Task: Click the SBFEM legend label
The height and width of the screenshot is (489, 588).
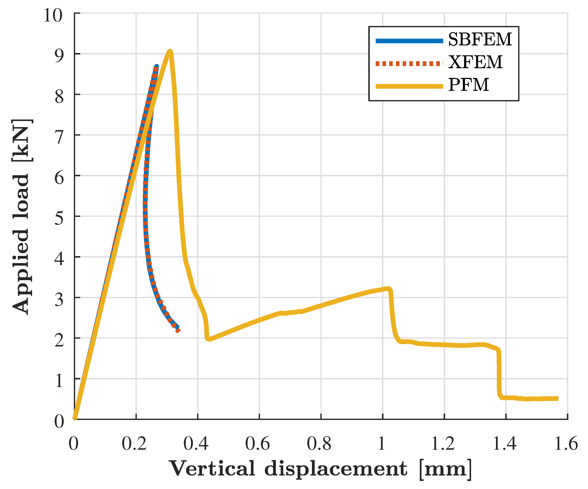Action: point(480,39)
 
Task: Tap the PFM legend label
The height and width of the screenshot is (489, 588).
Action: point(469,85)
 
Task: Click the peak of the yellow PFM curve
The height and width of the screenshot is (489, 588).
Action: point(170,51)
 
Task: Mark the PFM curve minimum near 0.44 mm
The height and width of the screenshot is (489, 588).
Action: point(209,339)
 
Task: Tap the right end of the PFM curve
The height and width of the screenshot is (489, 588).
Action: point(557,398)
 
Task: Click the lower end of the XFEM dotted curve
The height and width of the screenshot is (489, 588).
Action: point(178,331)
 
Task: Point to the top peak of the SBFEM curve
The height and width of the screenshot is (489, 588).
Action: point(157,66)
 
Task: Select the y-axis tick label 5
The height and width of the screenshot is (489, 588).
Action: point(59,219)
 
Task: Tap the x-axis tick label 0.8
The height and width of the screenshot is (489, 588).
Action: point(319,444)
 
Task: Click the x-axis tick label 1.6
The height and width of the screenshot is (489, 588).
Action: point(566,444)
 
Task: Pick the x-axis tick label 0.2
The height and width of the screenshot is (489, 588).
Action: point(134,444)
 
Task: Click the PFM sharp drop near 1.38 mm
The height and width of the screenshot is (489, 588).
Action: point(499,372)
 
